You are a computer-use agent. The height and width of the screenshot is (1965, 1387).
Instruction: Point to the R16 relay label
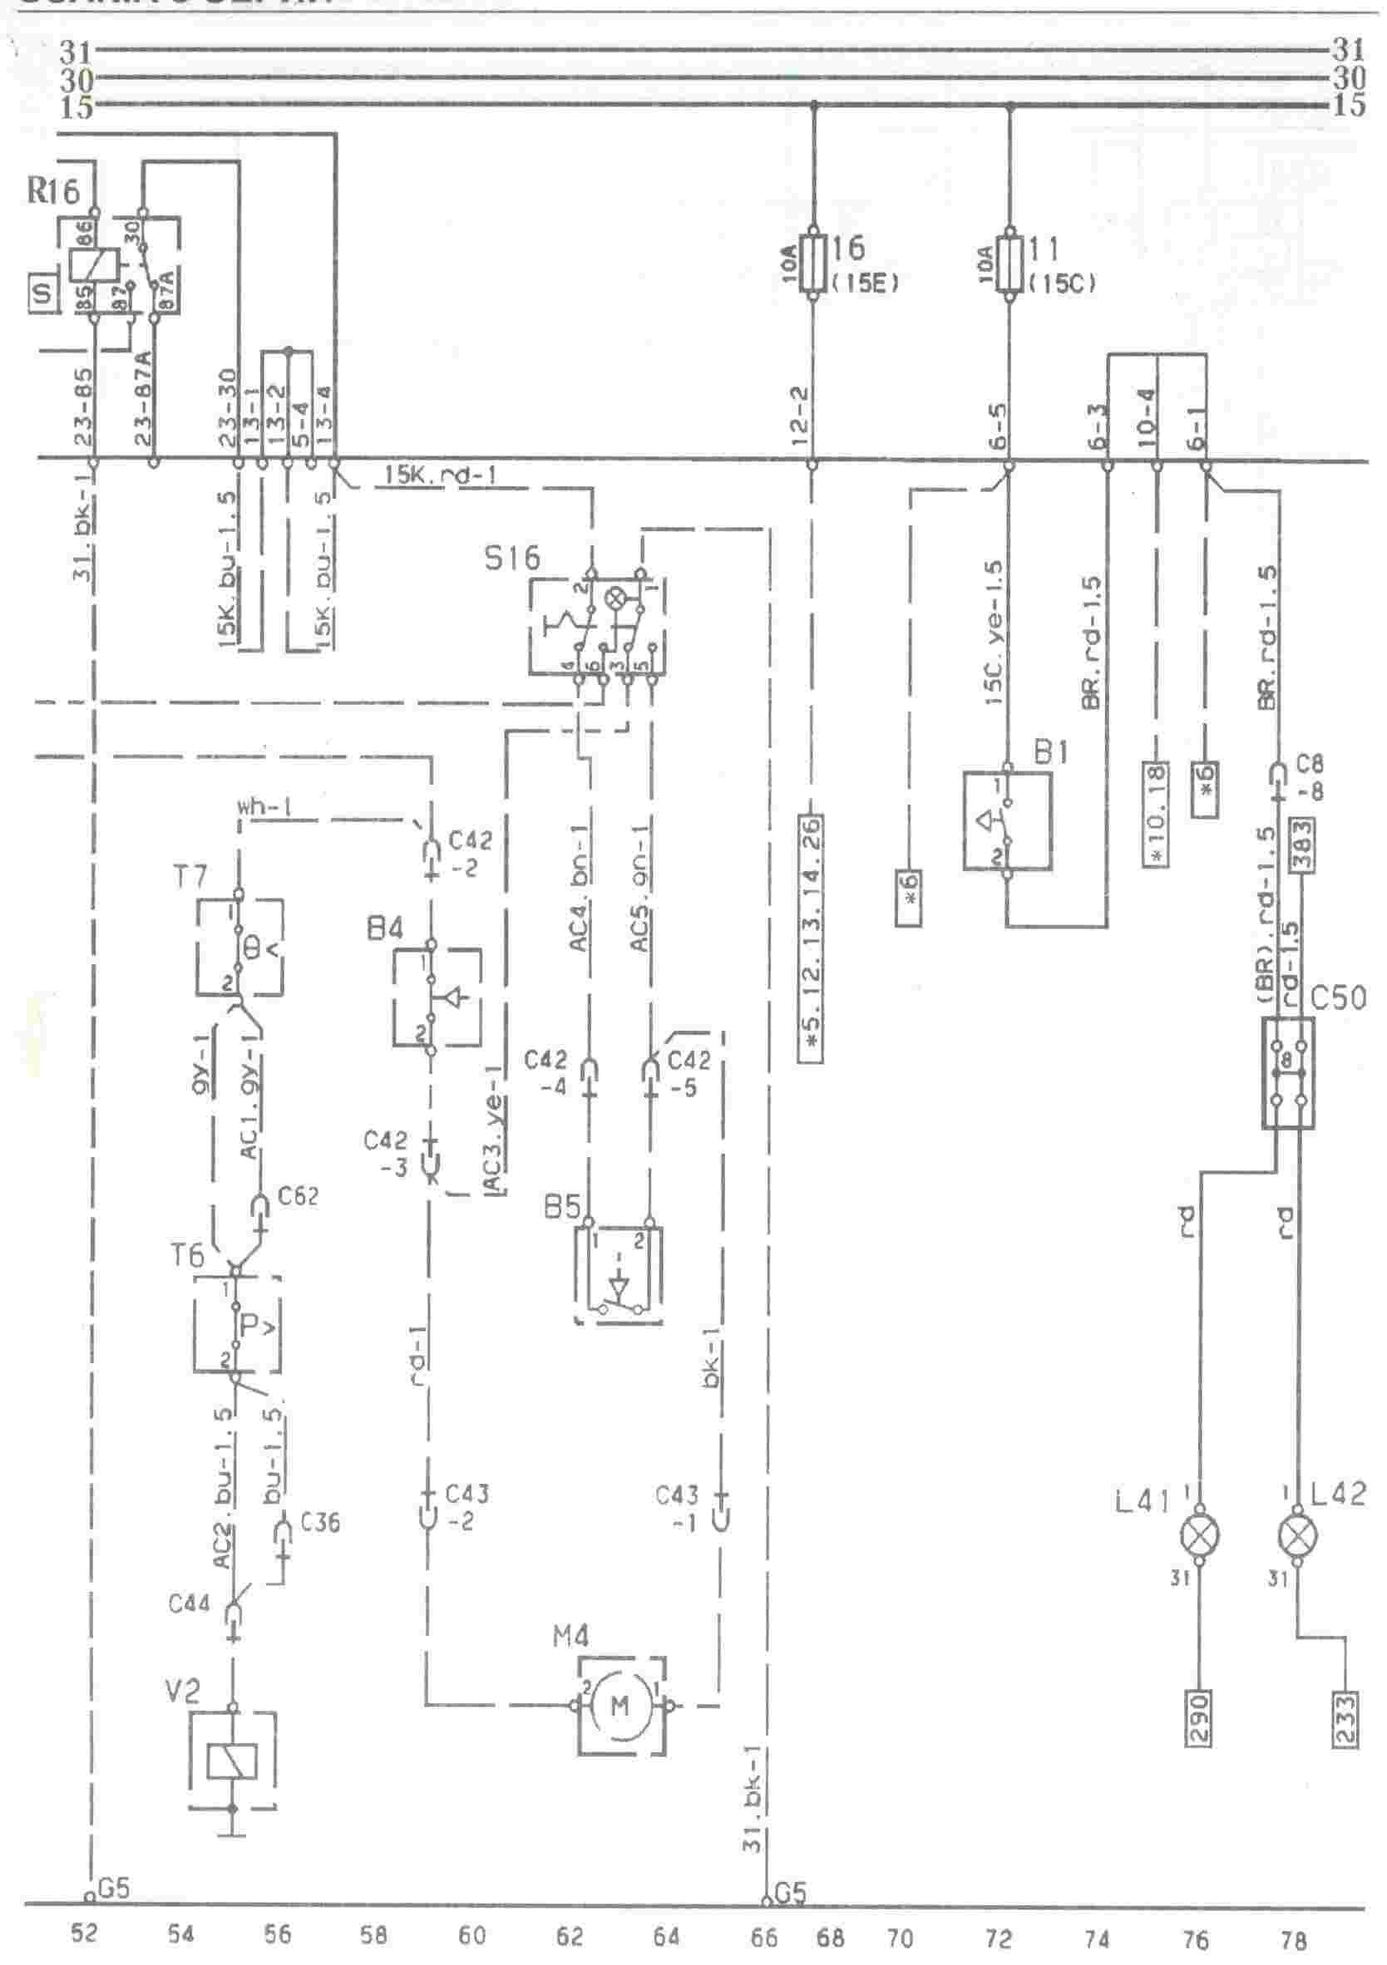pyautogui.click(x=53, y=190)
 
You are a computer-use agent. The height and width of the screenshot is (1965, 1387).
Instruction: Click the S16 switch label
pyautogui.click(x=512, y=559)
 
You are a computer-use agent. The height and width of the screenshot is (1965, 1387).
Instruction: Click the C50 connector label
pyautogui.click(x=1338, y=999)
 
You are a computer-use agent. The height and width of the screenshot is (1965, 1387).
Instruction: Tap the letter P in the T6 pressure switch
pyautogui.click(x=249, y=1326)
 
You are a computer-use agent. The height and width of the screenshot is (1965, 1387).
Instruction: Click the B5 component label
pyautogui.click(x=562, y=1209)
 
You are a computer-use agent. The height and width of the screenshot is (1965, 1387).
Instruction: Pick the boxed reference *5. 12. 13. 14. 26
pyautogui.click(x=812, y=938)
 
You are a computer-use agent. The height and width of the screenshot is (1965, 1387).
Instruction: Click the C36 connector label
pyautogui.click(x=321, y=1523)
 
